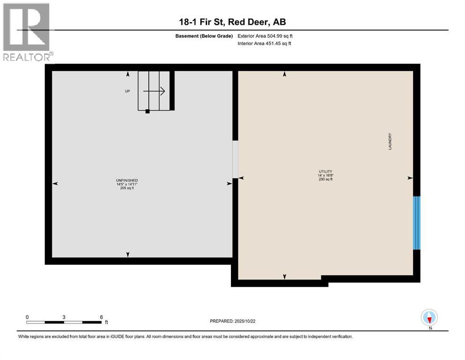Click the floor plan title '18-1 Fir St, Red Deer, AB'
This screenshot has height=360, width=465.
click(x=233, y=22)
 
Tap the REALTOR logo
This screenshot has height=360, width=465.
click(x=26, y=32)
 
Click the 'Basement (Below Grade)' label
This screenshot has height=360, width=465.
click(x=207, y=36)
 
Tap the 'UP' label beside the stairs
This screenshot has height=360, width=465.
click(x=127, y=91)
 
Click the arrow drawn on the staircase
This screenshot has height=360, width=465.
click(x=155, y=91)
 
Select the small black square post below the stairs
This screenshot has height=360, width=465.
click(x=148, y=112)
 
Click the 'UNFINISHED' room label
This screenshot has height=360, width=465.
click(x=127, y=180)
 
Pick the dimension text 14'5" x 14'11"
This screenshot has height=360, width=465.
click(x=127, y=184)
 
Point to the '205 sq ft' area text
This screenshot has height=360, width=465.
click(x=127, y=188)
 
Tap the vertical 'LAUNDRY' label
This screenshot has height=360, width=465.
click(x=390, y=141)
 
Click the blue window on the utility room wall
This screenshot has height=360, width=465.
click(x=417, y=223)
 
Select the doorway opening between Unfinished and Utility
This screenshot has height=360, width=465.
click(x=235, y=159)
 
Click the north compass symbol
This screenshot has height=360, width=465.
click(x=429, y=318)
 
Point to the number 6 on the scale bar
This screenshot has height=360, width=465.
click(x=102, y=317)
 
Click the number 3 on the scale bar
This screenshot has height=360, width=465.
click(x=64, y=317)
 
